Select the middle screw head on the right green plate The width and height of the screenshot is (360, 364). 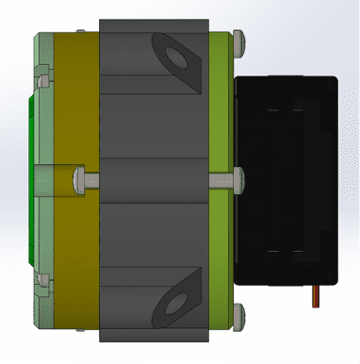coord(238,176)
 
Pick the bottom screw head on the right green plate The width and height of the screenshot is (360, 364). coord(239,314)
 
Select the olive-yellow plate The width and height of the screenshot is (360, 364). coord(75,113)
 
